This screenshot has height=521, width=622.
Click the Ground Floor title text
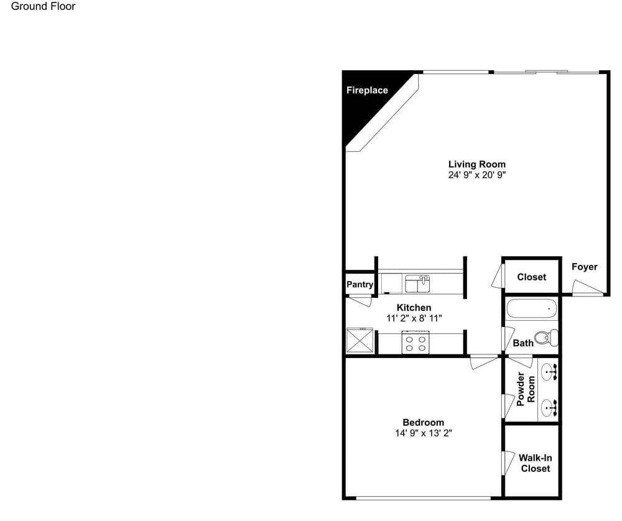click(43, 6)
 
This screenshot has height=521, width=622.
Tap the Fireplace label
click(367, 90)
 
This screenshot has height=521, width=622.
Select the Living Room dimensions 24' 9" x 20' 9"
click(477, 175)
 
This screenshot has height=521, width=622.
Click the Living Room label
click(477, 164)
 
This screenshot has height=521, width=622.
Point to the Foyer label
click(584, 267)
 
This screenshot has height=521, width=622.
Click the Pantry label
click(360, 284)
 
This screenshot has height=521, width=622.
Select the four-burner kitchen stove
click(415, 342)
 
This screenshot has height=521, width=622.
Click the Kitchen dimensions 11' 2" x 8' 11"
click(414, 318)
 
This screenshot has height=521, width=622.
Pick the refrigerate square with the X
click(360, 340)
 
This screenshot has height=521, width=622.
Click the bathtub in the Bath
click(532, 308)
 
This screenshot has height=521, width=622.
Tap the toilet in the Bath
click(546, 338)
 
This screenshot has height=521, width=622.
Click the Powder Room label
click(526, 389)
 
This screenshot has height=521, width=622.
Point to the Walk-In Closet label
click(535, 463)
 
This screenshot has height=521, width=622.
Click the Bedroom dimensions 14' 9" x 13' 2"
click(423, 433)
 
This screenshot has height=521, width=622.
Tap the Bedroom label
click(423, 422)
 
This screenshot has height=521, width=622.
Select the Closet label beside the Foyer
click(532, 277)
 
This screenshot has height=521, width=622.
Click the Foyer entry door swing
click(587, 287)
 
